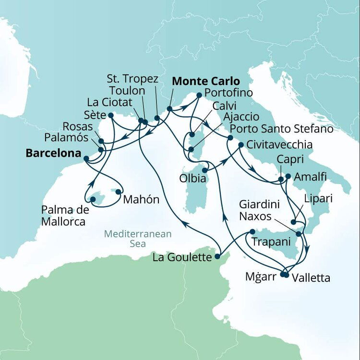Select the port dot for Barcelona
tap(86, 158)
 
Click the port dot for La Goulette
tap(218, 256)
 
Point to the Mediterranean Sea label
tap(138, 239)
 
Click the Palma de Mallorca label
tap(63, 216)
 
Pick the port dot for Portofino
tap(198, 96)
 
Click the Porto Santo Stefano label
tap(281, 129)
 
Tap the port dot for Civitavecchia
tap(240, 144)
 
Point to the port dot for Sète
tap(111, 115)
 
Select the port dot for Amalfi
tap(288, 176)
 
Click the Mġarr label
tap(259, 277)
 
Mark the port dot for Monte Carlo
tap(169, 108)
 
